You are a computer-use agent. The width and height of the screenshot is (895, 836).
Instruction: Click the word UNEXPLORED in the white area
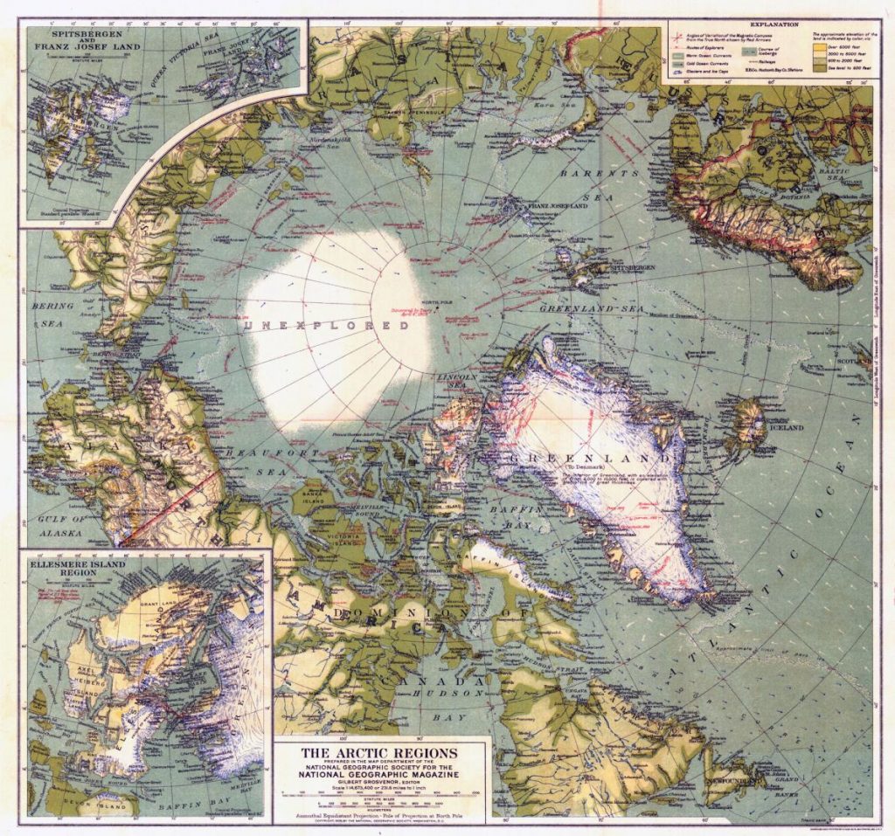(327, 325)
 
